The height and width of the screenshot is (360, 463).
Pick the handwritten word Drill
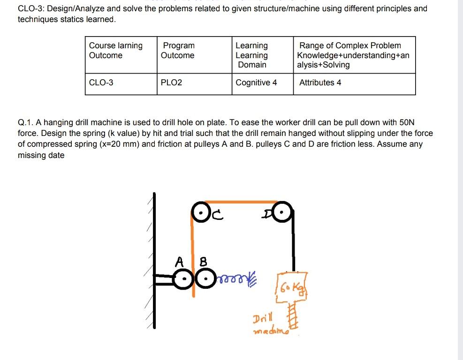[x=262, y=321]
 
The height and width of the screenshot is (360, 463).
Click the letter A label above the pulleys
[x=179, y=261]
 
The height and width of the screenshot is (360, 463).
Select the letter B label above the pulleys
[x=203, y=261]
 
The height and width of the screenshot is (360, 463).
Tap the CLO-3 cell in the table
[x=101, y=83]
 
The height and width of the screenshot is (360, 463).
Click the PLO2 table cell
[x=171, y=83]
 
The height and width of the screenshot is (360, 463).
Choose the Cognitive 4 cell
[x=256, y=83]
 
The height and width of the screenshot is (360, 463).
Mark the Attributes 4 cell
[x=320, y=83]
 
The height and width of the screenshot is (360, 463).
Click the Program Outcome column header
[x=178, y=51]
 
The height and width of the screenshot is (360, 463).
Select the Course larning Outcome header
[x=115, y=51]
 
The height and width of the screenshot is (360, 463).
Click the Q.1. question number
[x=26, y=123]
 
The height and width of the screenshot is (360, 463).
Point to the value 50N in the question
[x=406, y=123]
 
